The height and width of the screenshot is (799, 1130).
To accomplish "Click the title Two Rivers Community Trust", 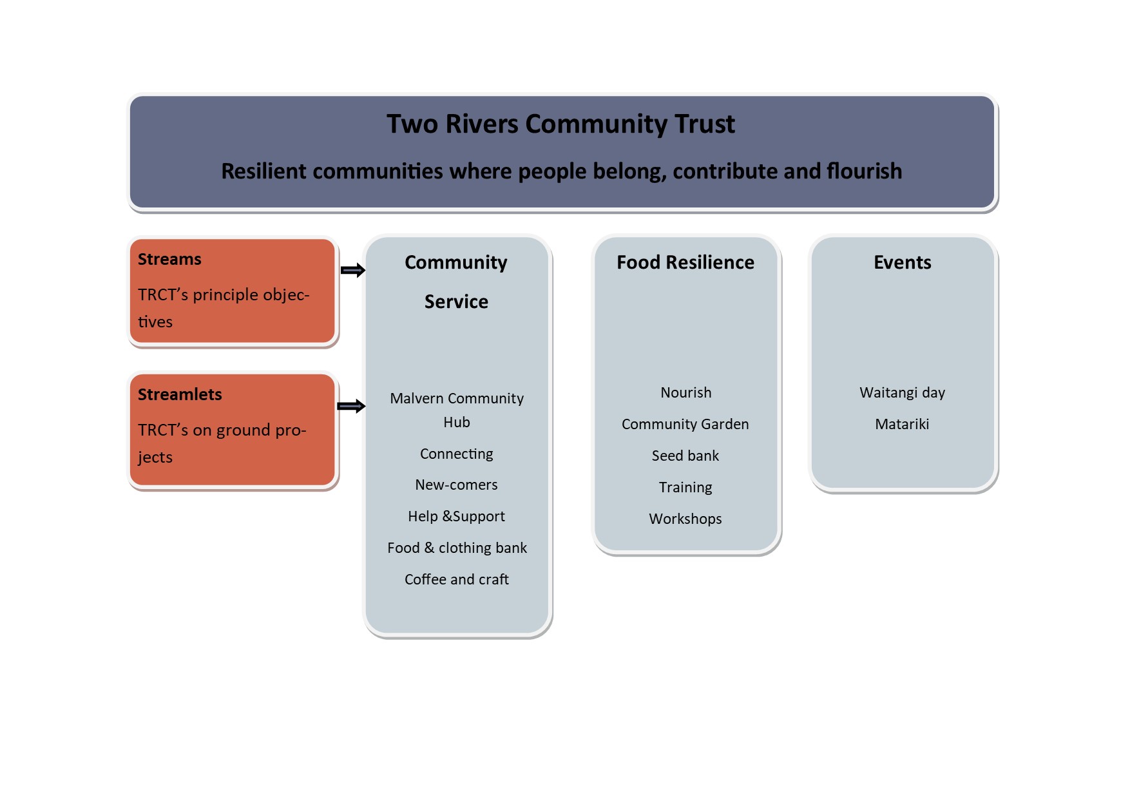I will (x=560, y=124).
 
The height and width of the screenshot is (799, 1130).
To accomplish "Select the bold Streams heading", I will (x=169, y=259).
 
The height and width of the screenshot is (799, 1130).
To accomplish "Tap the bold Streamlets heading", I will (x=180, y=394).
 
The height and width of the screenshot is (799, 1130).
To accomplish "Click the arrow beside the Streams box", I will (x=352, y=271).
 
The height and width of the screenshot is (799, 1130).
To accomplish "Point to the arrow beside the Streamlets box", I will (x=352, y=406).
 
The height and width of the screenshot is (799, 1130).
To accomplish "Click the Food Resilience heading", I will (x=685, y=262).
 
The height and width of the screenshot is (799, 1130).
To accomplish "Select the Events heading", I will (x=902, y=262).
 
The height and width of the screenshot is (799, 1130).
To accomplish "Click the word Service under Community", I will (x=456, y=302).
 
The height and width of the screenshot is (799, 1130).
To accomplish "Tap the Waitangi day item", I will (x=902, y=392).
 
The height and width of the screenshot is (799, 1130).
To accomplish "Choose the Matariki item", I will (x=902, y=424).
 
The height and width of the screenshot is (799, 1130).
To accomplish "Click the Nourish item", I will (x=685, y=392).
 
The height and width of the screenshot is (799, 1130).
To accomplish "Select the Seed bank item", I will (x=685, y=456).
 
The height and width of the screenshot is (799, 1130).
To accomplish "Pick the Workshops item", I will (x=685, y=519).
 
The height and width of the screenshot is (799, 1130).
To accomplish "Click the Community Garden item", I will (x=685, y=424).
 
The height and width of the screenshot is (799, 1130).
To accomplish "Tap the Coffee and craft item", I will (x=456, y=579).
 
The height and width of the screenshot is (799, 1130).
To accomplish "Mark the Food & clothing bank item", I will (x=457, y=548).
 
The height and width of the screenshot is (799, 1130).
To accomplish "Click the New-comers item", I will (x=456, y=485).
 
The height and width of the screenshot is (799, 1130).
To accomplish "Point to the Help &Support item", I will (x=456, y=516).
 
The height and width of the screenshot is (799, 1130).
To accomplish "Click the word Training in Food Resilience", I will (x=685, y=487).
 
